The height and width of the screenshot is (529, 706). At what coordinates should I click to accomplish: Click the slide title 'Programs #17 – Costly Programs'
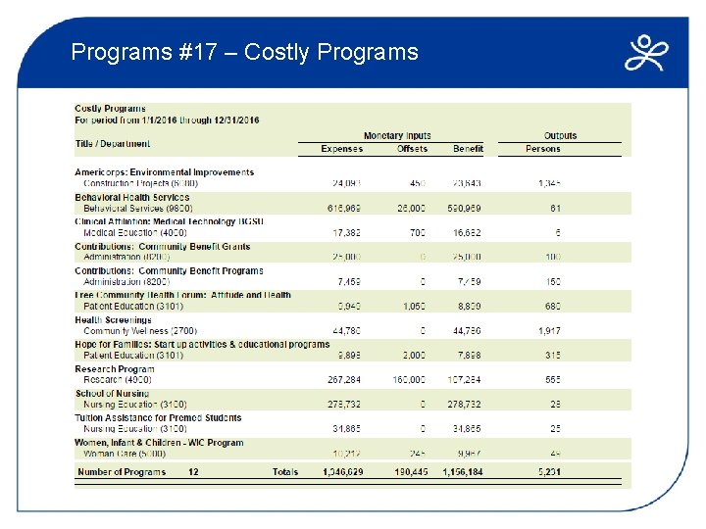pyautogui.click(x=244, y=52)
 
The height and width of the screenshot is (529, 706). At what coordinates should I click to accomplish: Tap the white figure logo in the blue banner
pyautogui.click(x=647, y=54)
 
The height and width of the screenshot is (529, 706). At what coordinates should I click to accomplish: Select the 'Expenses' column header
pyautogui.click(x=341, y=149)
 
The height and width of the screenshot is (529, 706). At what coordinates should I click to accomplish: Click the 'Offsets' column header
pyautogui.click(x=412, y=149)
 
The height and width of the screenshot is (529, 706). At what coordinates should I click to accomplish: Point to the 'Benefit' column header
pyautogui.click(x=468, y=149)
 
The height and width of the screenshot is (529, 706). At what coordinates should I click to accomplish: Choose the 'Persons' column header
pyautogui.click(x=543, y=149)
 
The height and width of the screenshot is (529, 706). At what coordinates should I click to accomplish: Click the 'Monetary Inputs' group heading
pyautogui.click(x=397, y=136)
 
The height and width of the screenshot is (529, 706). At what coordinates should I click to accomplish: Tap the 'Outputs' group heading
pyautogui.click(x=560, y=136)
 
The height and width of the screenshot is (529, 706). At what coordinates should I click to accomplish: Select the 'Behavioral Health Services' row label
pyautogui.click(x=132, y=197)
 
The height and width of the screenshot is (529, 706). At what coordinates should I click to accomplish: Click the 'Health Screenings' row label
pyautogui.click(x=114, y=320)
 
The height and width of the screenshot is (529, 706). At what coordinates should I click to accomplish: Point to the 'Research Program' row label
pyautogui.click(x=115, y=369)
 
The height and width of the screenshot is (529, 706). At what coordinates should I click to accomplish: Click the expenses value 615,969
pyautogui.click(x=344, y=208)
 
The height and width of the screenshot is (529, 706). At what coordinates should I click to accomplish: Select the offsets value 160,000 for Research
pyautogui.click(x=408, y=380)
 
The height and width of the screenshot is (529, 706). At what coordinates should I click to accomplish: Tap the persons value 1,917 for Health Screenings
pyautogui.click(x=549, y=331)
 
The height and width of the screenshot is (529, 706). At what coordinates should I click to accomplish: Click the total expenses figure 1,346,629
pyautogui.click(x=342, y=472)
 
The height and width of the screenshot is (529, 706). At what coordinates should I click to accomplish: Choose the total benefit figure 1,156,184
pyautogui.click(x=461, y=472)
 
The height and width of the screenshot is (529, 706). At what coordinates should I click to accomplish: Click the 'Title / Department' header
pyautogui.click(x=113, y=144)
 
